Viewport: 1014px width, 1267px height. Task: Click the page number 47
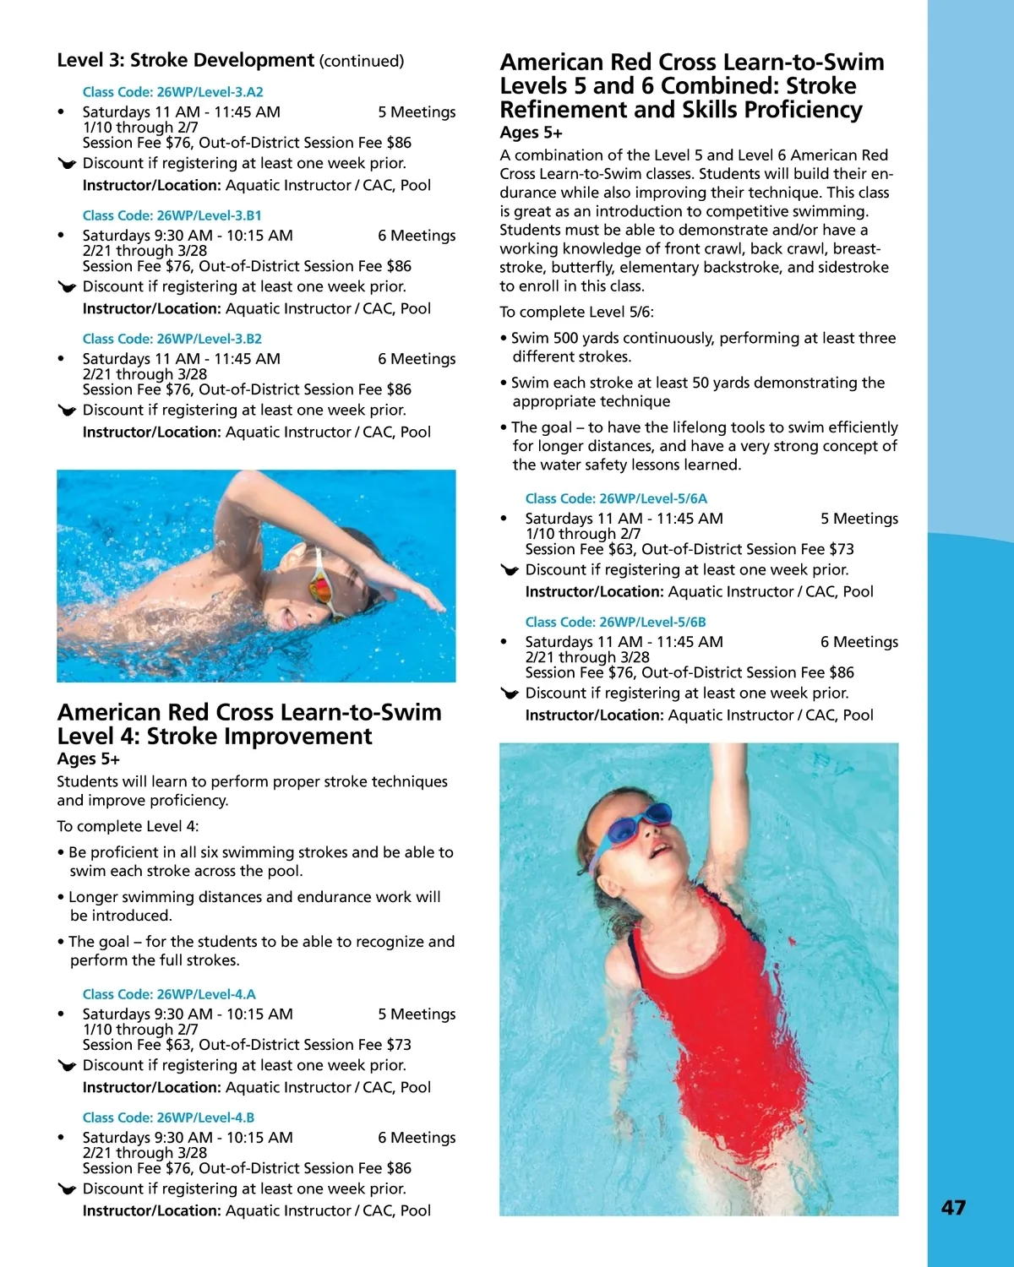click(953, 1208)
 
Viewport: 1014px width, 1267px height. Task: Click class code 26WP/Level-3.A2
click(172, 92)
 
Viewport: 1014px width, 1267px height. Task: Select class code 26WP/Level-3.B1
click(172, 215)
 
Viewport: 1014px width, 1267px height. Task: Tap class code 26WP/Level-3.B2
click(172, 339)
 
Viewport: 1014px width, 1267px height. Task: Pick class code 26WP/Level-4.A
click(169, 994)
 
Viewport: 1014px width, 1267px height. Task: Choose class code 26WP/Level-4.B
click(168, 1117)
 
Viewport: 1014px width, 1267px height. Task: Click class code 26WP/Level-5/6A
click(616, 498)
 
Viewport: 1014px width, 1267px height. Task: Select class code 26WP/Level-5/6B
click(615, 622)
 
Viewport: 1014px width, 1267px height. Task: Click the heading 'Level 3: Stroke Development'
click(185, 60)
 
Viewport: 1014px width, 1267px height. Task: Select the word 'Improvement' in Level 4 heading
click(302, 737)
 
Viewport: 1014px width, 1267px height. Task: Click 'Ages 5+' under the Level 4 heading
click(88, 759)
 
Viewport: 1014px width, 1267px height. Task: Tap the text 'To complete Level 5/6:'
click(576, 312)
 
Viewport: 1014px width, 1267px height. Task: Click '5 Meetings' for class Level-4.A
click(417, 1014)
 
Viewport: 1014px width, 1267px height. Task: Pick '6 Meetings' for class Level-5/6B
click(859, 642)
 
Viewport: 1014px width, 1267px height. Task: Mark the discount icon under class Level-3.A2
click(67, 163)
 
